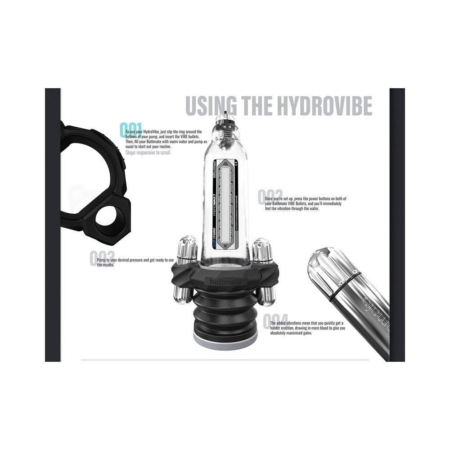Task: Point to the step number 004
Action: pos(275,321)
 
